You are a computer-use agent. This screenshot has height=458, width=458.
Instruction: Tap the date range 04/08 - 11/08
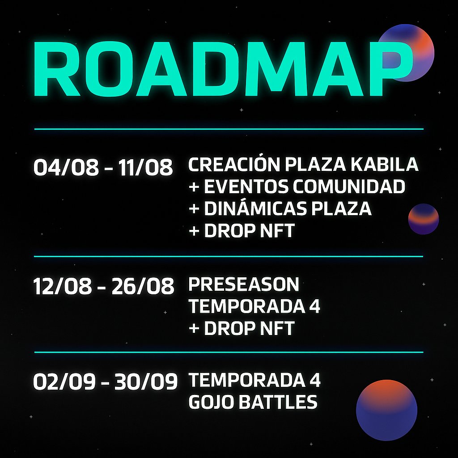coord(103,167)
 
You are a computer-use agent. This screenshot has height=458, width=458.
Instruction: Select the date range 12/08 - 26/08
coord(103,286)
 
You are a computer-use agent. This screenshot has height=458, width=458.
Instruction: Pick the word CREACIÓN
coord(234,165)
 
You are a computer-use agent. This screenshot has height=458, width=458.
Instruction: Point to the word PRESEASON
coord(244,284)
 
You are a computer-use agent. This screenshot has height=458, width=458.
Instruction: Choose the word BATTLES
coord(278,403)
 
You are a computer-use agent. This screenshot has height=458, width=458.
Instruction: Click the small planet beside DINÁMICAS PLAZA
coord(424,219)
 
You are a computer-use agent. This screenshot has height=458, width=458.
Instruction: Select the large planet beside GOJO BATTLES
coord(386,411)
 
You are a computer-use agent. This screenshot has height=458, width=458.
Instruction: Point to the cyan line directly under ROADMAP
coord(229,129)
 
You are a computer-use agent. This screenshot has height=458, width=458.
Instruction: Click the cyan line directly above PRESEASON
coord(229,256)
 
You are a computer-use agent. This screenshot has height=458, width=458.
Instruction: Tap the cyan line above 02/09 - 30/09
coord(229,352)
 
